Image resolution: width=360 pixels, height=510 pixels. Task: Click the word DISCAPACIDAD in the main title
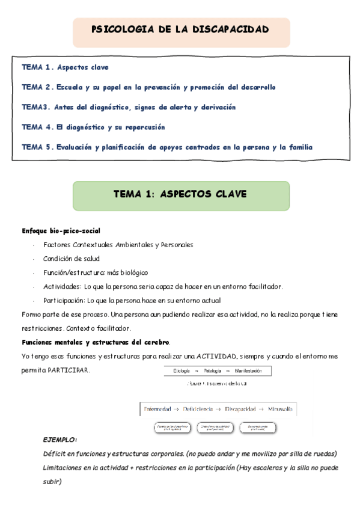click(233, 29)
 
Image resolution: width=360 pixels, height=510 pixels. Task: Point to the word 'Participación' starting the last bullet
click(64, 300)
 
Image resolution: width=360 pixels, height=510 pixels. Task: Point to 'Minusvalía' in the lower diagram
click(280, 409)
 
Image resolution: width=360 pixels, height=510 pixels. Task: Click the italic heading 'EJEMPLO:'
click(60, 440)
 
